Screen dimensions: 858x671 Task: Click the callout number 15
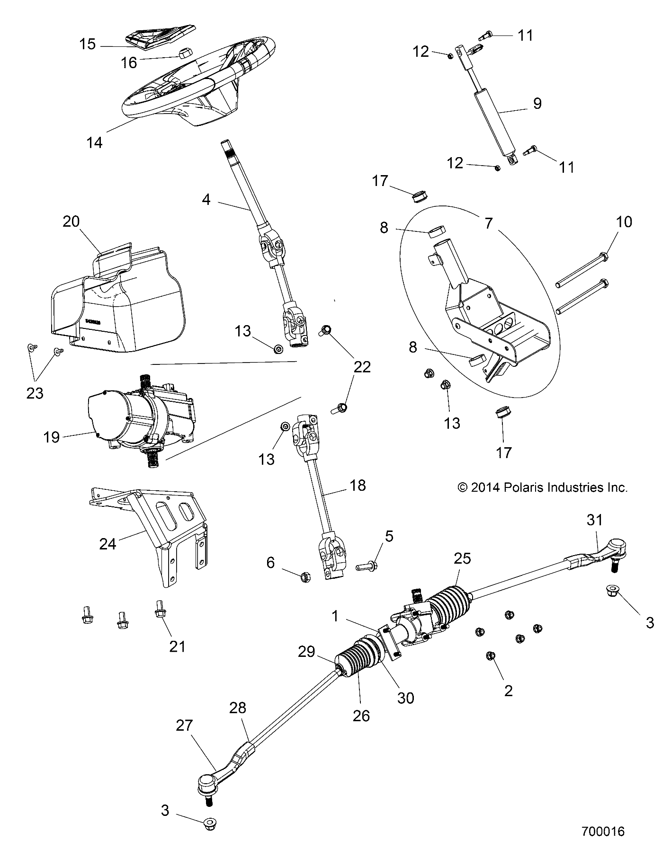tap(88, 44)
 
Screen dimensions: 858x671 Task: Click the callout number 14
tap(95, 142)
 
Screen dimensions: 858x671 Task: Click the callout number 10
tap(625, 221)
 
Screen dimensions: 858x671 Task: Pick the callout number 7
tap(488, 222)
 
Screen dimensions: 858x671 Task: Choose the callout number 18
tap(358, 485)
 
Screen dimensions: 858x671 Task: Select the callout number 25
tap(462, 558)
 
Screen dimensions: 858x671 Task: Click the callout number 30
tap(406, 698)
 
